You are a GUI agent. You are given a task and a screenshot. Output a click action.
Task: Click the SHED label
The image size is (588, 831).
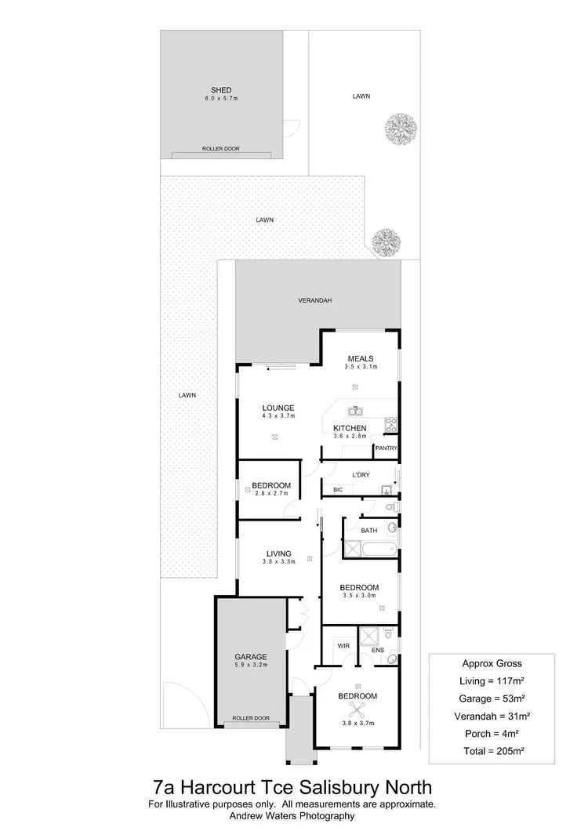click(220, 90)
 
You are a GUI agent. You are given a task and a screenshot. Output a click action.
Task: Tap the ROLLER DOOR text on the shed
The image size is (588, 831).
click(220, 148)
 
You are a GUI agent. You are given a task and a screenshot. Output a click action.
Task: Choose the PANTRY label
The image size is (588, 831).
click(387, 448)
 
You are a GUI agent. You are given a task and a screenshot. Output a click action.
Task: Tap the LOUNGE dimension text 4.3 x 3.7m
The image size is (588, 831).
click(278, 415)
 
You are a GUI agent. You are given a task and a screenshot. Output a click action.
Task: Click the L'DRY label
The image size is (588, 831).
click(361, 475)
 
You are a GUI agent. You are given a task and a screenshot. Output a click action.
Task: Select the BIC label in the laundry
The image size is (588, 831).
click(338, 490)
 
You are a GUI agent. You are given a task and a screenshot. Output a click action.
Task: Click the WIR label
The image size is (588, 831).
click(343, 645)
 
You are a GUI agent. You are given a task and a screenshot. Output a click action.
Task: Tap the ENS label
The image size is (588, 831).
click(377, 651)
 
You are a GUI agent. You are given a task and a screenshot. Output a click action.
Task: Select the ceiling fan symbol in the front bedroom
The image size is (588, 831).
click(358, 711)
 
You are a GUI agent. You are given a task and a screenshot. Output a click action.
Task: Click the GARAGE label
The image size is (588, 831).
click(251, 657)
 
